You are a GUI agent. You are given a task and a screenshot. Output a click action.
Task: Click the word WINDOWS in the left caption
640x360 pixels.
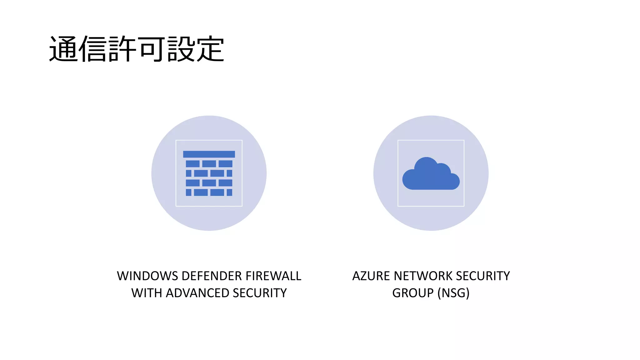click(x=147, y=276)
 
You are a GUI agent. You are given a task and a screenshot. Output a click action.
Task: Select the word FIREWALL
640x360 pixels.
click(x=273, y=276)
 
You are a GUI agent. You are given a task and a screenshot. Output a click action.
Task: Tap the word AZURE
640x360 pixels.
click(x=371, y=276)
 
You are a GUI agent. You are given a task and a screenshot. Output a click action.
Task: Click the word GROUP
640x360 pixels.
click(x=413, y=293)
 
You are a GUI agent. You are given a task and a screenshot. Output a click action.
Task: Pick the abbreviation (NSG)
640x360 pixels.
click(x=453, y=293)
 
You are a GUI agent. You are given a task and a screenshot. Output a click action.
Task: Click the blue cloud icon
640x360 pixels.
click(x=431, y=175)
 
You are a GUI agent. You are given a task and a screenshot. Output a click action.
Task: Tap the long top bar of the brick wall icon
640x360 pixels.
click(x=209, y=154)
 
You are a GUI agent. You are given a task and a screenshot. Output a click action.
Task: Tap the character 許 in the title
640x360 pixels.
click(x=122, y=49)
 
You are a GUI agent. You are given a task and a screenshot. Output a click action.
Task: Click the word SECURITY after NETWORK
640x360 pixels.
click(x=483, y=276)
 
